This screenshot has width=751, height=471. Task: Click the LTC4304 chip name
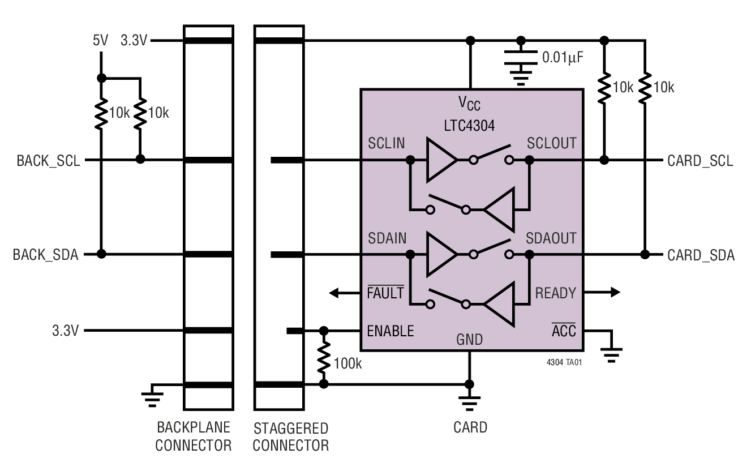pyautogui.click(x=469, y=126)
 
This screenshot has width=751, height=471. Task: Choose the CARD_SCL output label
pyautogui.click(x=700, y=161)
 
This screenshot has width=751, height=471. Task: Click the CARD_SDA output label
pyautogui.click(x=701, y=255)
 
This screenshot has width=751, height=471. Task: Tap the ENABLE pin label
pyautogui.click(x=390, y=331)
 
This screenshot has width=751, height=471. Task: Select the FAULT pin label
pyautogui.click(x=385, y=293)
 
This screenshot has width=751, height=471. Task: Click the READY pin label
pyautogui.click(x=555, y=293)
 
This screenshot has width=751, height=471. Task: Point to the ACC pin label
pyautogui.click(x=564, y=331)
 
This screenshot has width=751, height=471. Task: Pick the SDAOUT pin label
pyautogui.click(x=551, y=238)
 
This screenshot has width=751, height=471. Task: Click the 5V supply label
pyautogui.click(x=101, y=41)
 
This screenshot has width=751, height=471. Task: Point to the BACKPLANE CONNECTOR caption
pyautogui.click(x=194, y=436)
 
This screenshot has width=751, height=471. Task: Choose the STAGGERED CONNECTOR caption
pyautogui.click(x=290, y=436)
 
